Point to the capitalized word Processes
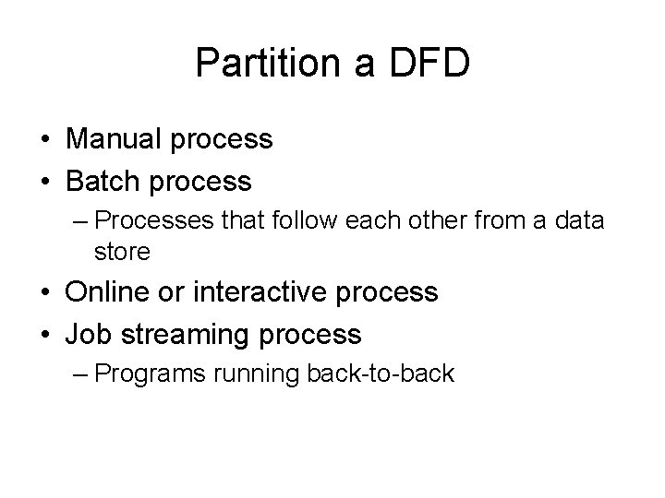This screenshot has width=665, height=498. (157, 222)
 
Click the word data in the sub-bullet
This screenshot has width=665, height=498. (577, 222)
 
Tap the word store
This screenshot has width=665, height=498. (121, 251)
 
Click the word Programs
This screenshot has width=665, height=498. (153, 375)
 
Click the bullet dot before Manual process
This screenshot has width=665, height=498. (43, 140)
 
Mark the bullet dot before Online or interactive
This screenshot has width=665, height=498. (43, 293)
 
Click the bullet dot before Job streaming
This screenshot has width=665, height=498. (43, 334)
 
